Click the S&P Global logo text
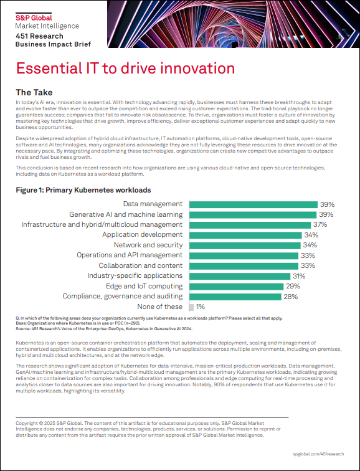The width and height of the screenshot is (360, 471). pyautogui.click(x=34, y=17)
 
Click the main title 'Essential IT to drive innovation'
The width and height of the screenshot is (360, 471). pyautogui.click(x=125, y=68)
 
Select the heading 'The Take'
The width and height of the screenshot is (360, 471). pyautogui.click(x=34, y=92)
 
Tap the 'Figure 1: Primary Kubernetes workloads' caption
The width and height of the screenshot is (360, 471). pyautogui.click(x=83, y=190)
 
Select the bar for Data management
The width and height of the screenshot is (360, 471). pyautogui.click(x=253, y=204)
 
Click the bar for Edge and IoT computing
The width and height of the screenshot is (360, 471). pyautogui.click(x=236, y=287)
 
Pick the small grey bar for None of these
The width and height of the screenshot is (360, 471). pyautogui.click(x=191, y=307)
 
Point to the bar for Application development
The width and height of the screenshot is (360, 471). pyautogui.click(x=245, y=235)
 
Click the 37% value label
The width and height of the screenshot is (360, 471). pyautogui.click(x=320, y=225)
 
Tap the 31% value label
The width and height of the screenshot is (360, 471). pyautogui.click(x=299, y=276)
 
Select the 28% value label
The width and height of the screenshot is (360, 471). pyautogui.click(x=291, y=297)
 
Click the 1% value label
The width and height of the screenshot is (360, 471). pyautogui.click(x=201, y=307)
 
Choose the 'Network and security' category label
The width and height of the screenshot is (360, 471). pyautogui.click(x=148, y=245)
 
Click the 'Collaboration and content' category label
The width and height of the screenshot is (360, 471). pyautogui.click(x=141, y=266)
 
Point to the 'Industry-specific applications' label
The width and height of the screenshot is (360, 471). pyautogui.click(x=135, y=276)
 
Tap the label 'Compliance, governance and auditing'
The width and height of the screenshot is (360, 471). pyautogui.click(x=123, y=297)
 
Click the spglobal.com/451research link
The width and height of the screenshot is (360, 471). pyautogui.click(x=318, y=454)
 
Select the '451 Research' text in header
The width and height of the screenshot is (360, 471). pyautogui.click(x=40, y=36)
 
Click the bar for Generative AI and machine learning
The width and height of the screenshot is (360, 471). pyautogui.click(x=253, y=215)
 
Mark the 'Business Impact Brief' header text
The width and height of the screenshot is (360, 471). pyautogui.click(x=53, y=44)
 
